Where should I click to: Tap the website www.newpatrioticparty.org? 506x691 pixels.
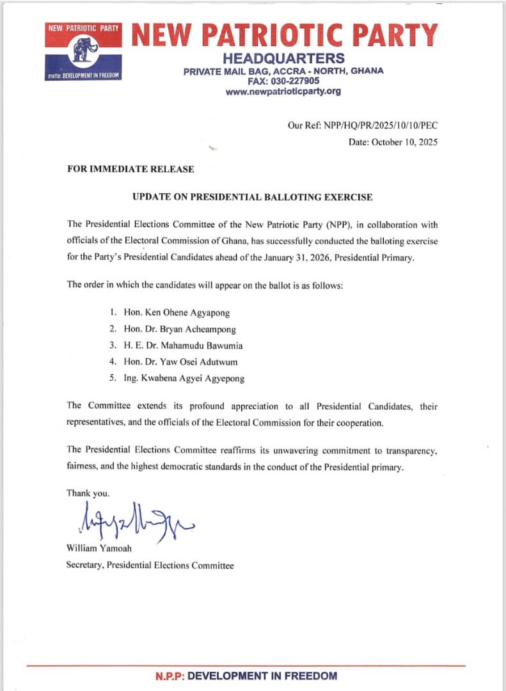[283, 91]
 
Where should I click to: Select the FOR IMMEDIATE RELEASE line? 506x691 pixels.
[130, 170]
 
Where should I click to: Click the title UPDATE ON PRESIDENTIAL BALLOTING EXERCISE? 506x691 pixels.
[252, 197]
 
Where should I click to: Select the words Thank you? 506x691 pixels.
[88, 493]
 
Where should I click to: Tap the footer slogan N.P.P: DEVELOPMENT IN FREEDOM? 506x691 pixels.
[246, 676]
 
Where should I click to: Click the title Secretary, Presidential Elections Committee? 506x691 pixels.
[150, 566]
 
